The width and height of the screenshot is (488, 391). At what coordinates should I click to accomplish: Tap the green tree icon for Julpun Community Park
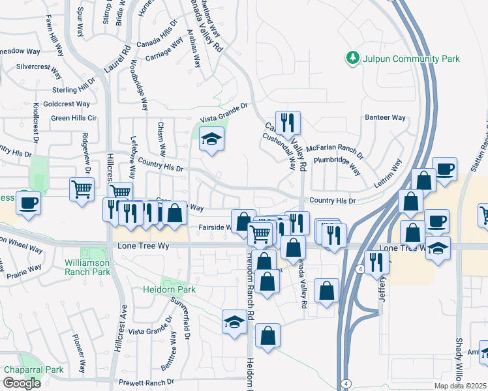coord(353,58)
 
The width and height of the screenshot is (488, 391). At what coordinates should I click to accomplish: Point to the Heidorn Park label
coord(169,289)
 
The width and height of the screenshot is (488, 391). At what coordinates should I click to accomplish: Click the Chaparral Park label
coord(33,369)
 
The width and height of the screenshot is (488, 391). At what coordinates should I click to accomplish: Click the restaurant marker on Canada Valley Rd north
coord(287,123)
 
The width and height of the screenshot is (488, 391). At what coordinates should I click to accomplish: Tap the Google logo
coord(22,383)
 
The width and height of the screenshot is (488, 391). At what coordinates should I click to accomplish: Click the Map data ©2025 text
coord(461,386)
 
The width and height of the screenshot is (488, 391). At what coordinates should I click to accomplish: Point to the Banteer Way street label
coord(385,118)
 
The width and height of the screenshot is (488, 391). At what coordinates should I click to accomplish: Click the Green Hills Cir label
coord(74,118)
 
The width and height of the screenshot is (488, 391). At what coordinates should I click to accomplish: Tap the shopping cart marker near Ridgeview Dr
coord(82,190)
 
